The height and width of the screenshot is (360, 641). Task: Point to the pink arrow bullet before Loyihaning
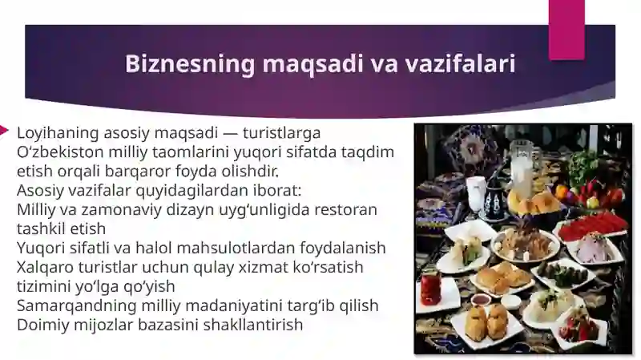point(5,129)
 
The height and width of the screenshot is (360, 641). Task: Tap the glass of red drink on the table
point(430,286)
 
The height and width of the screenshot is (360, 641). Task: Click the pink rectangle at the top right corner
point(566,28)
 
